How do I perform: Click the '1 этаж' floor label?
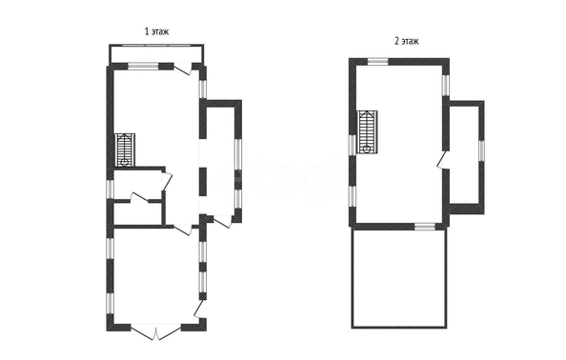point(156,31)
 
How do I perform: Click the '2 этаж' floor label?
point(407,41)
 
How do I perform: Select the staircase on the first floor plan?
point(125,150)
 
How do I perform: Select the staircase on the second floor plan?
point(367,132)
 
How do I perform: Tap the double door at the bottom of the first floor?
point(155,332)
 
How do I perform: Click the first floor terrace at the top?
point(156,54)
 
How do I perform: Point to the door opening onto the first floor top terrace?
point(182,69)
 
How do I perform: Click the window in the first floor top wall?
point(143,66)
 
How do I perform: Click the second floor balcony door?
point(442,160)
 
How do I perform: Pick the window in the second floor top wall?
point(377,61)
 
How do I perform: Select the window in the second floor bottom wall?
point(425,226)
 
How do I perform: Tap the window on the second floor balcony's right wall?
point(481,150)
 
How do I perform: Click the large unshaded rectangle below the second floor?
point(399,278)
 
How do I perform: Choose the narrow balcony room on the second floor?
point(463,154)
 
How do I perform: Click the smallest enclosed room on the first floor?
point(137,214)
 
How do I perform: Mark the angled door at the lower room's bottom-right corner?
point(199,310)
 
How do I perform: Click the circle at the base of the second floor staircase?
point(367,149)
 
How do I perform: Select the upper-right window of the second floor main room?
point(446,85)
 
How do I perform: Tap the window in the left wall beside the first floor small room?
point(111,189)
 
